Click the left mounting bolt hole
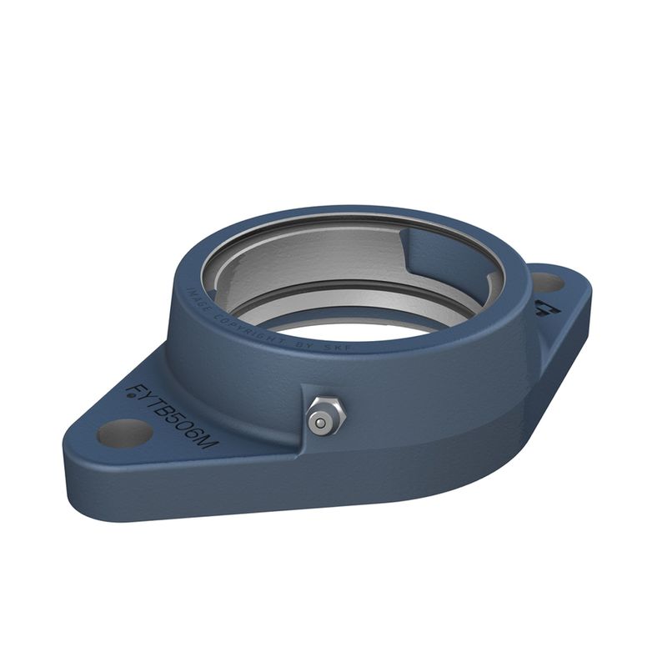(x=125, y=433)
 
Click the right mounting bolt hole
(x=547, y=283)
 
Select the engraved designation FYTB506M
(x=171, y=418)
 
